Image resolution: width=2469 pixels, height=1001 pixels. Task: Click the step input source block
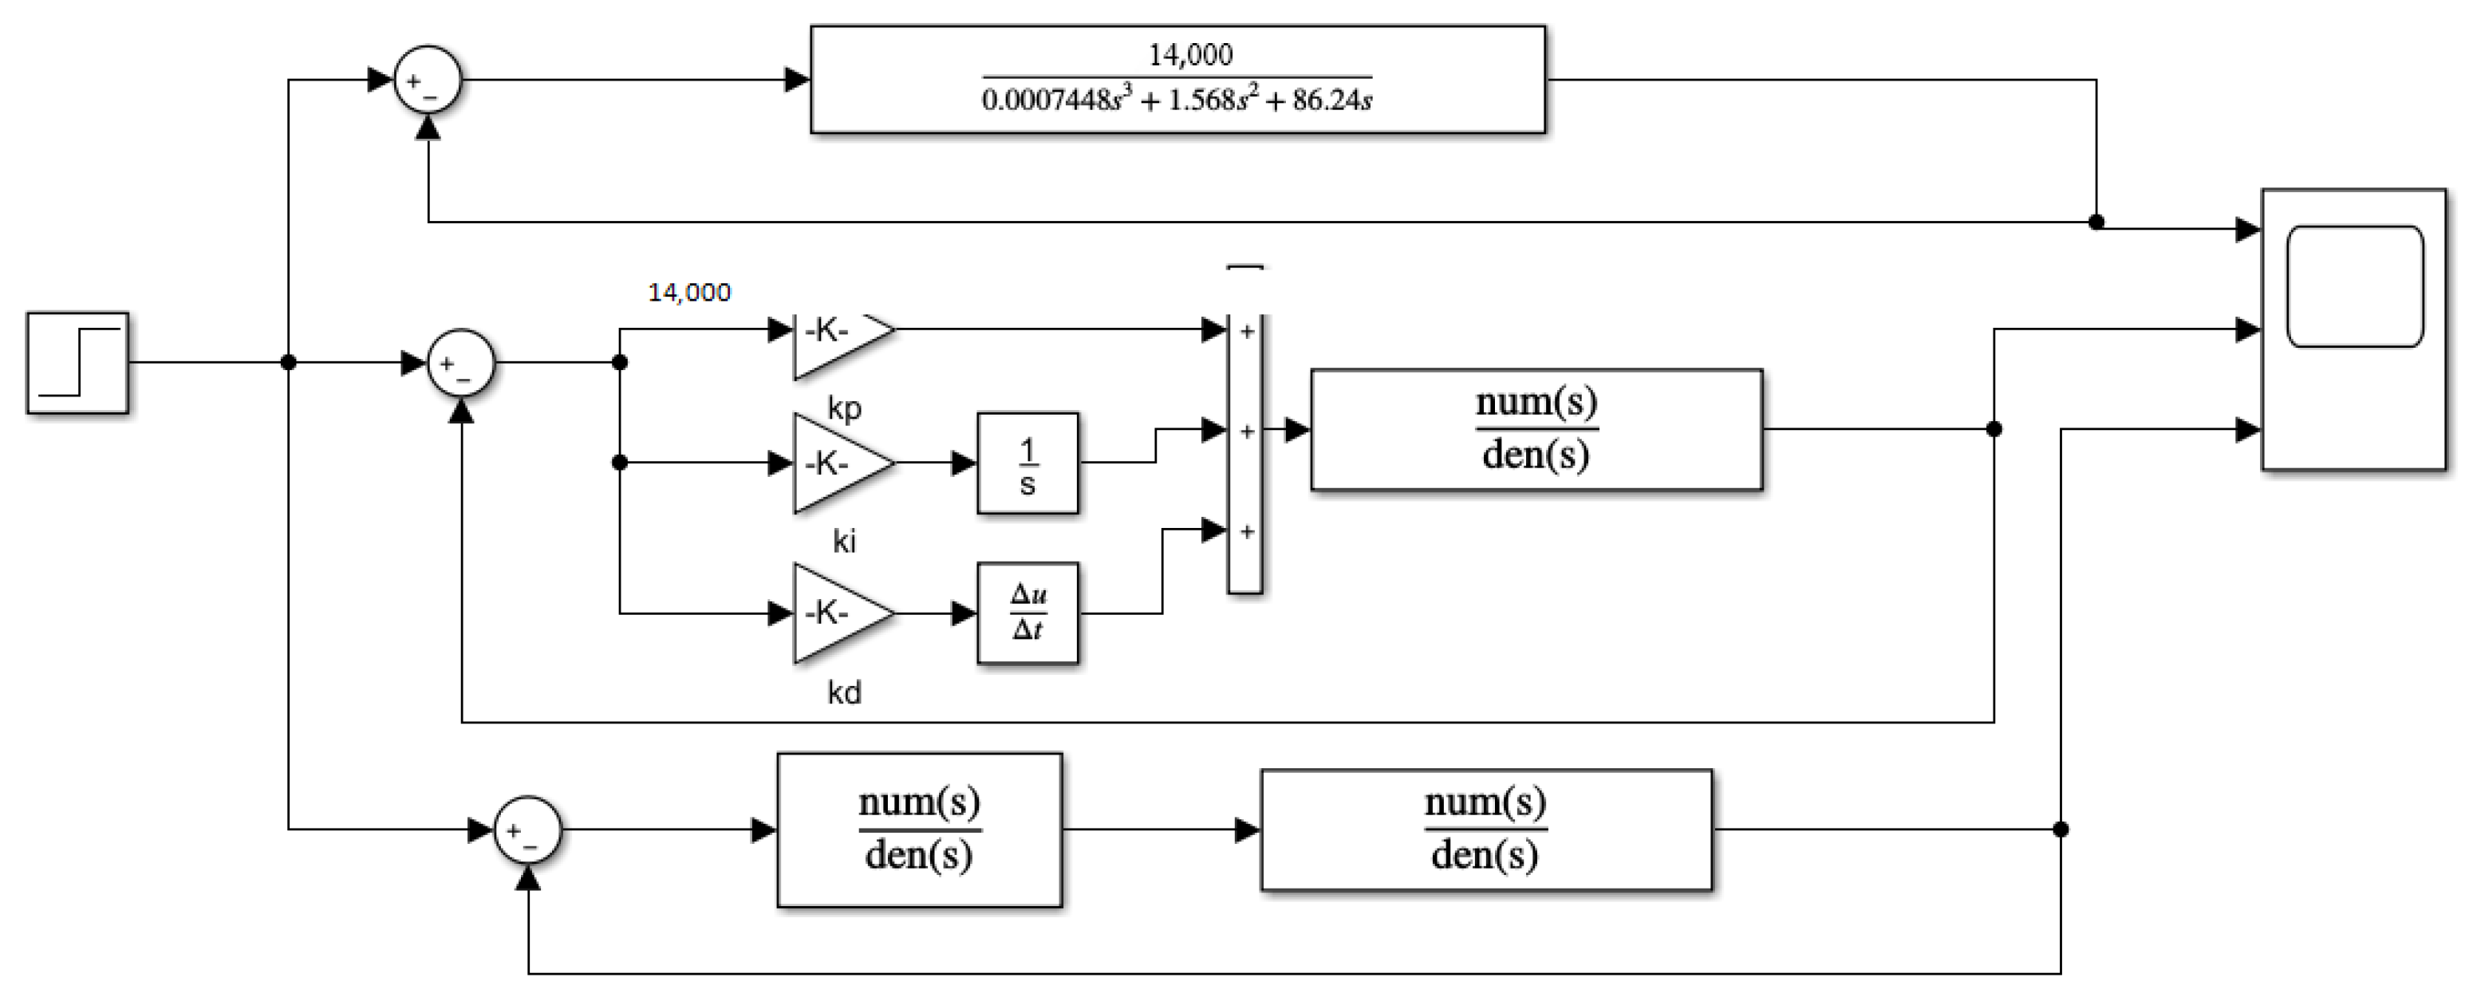(77, 362)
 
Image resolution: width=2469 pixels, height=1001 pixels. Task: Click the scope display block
(2353, 329)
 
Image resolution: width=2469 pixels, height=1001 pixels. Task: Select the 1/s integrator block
(1027, 463)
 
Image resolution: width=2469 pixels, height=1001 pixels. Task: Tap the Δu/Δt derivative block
(1027, 613)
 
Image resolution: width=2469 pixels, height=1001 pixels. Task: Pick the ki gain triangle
(836, 463)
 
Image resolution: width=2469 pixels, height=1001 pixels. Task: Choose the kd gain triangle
(836, 613)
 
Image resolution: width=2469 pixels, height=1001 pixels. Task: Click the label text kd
(844, 692)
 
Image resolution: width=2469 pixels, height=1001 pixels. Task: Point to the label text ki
(844, 542)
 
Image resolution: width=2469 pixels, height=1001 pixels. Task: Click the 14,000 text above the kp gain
(689, 293)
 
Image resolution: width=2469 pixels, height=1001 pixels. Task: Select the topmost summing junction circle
(428, 80)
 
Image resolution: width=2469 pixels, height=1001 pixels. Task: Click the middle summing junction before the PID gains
(461, 363)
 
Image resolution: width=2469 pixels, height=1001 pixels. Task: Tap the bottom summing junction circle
(527, 830)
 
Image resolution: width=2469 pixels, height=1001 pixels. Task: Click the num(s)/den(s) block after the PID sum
(1536, 429)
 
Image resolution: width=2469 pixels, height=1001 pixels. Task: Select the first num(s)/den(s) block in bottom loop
(919, 830)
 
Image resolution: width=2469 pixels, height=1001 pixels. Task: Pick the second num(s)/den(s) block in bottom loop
(1485, 830)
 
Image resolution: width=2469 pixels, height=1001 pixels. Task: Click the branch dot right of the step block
(289, 362)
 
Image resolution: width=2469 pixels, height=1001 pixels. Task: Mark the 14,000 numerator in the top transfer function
(1190, 54)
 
